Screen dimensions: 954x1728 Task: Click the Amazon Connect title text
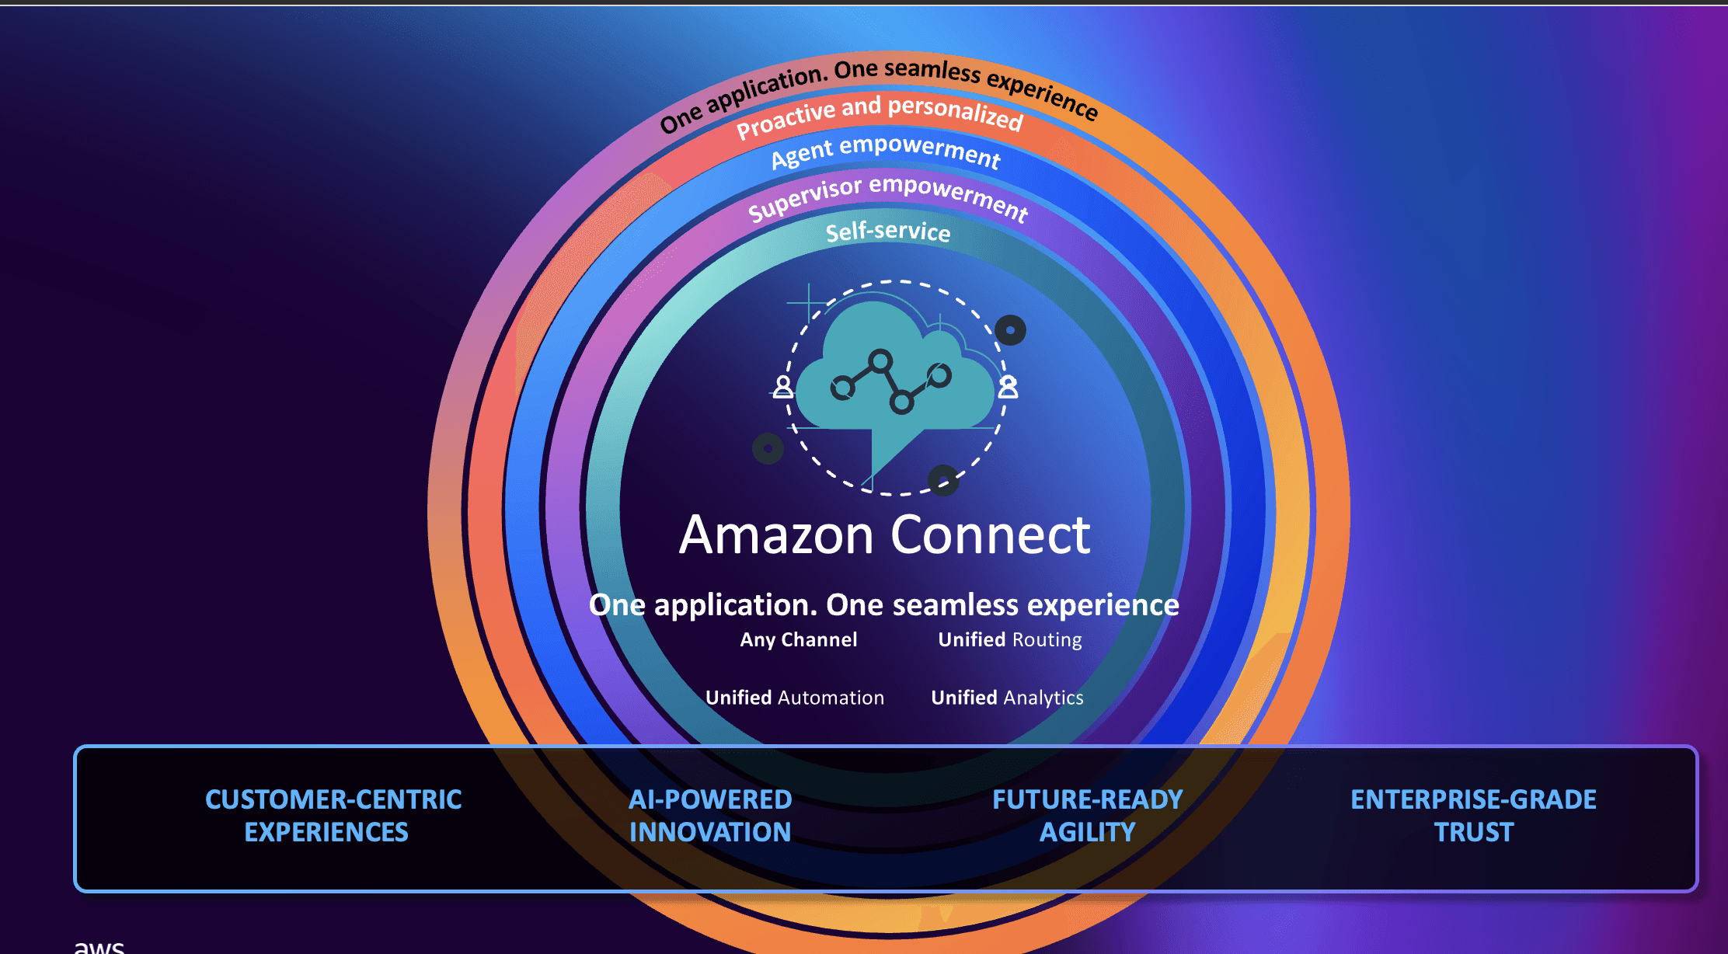884,535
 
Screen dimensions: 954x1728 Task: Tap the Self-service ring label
887,232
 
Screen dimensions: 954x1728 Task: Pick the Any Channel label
798,640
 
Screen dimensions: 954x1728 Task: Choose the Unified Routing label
1009,640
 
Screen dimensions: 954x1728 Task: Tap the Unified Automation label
794,698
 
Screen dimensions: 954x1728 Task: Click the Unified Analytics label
1007,698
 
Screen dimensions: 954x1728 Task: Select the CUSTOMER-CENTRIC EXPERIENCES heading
333,816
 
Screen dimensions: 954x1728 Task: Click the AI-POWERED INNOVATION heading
710,816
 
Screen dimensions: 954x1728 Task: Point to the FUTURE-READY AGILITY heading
1087,816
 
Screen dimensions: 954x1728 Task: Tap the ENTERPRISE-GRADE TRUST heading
1473,816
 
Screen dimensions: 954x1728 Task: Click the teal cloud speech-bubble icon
894,381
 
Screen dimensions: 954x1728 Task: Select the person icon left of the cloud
783,386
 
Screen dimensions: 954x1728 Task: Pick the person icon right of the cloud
1008,386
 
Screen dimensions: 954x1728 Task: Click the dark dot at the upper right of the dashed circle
1010,330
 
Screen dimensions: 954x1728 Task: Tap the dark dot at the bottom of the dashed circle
943,480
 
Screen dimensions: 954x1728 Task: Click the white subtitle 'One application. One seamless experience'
883,604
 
